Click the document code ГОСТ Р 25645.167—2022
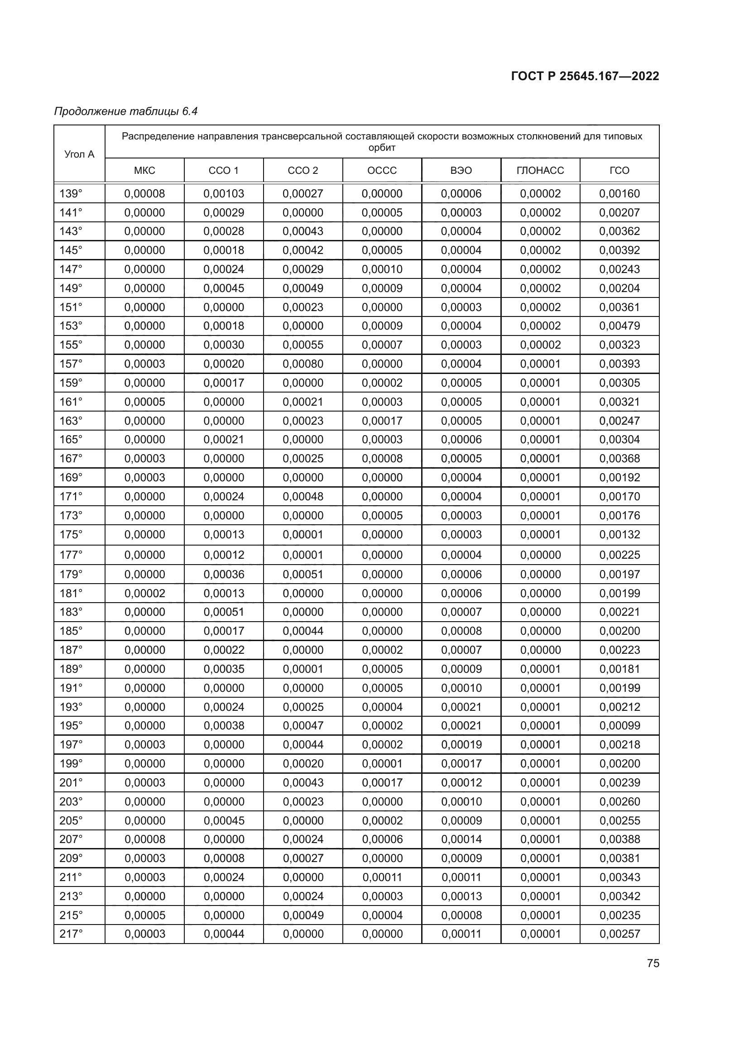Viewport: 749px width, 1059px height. pos(585,76)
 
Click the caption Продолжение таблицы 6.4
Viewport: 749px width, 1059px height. pos(126,111)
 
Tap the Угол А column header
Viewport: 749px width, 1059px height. pos(79,154)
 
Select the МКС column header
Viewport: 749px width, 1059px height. pos(144,170)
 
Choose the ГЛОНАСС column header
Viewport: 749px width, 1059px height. pos(540,170)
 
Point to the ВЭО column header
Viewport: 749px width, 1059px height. pos(461,170)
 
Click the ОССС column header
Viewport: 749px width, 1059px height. pos(382,170)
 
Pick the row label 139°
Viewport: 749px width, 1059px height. pos(71,194)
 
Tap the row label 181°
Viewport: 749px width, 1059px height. pos(71,593)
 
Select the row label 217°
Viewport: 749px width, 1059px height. pos(71,934)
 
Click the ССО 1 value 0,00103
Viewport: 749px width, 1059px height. pos(224,194)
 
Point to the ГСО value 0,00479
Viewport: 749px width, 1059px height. pos(619,326)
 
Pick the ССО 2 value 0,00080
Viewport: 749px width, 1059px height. pos(303,364)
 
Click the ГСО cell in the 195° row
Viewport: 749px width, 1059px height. pos(619,725)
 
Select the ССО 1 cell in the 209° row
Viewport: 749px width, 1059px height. pos(224,858)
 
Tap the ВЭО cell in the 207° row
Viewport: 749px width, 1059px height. pos(461,839)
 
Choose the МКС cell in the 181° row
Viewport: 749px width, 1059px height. pos(144,593)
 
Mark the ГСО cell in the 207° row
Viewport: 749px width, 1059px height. pos(619,839)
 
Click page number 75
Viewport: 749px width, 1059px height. pos(653,963)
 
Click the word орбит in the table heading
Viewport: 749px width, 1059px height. pos(382,148)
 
